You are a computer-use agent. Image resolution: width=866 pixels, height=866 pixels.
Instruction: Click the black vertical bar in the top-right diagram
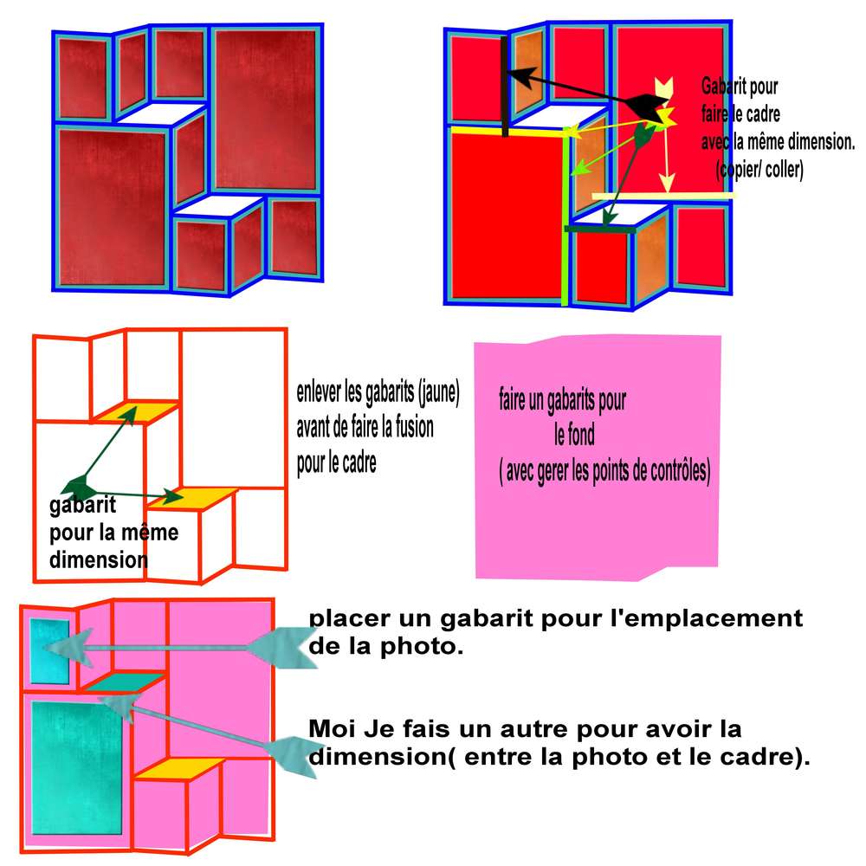tap(504, 87)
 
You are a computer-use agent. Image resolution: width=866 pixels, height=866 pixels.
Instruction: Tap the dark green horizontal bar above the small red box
tap(601, 229)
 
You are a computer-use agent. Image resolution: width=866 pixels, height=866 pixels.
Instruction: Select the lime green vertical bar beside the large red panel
tap(567, 216)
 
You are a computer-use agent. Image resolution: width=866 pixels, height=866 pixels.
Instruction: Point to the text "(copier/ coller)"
tap(759, 171)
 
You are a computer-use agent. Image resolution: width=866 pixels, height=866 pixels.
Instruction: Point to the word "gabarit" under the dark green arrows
tap(83, 506)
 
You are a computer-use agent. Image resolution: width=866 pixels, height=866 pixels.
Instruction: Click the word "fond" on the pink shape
tap(572, 435)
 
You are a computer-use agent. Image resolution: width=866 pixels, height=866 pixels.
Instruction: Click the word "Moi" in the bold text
tap(327, 727)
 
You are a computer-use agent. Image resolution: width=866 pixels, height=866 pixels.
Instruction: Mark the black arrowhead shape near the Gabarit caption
tap(644, 107)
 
